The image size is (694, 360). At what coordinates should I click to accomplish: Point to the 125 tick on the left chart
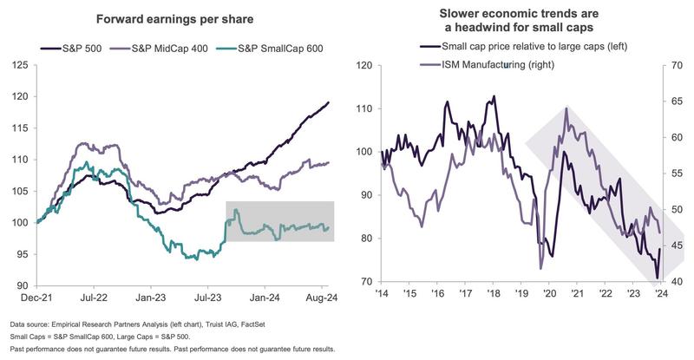click(x=18, y=65)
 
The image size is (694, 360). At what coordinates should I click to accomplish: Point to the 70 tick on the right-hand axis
click(x=671, y=65)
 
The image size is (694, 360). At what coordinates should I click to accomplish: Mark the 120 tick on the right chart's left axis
click(x=363, y=65)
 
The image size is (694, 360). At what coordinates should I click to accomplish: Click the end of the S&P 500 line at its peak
click(x=329, y=102)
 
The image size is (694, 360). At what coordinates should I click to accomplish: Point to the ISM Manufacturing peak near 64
click(x=566, y=108)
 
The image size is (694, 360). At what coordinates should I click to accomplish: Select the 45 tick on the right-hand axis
click(x=671, y=246)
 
